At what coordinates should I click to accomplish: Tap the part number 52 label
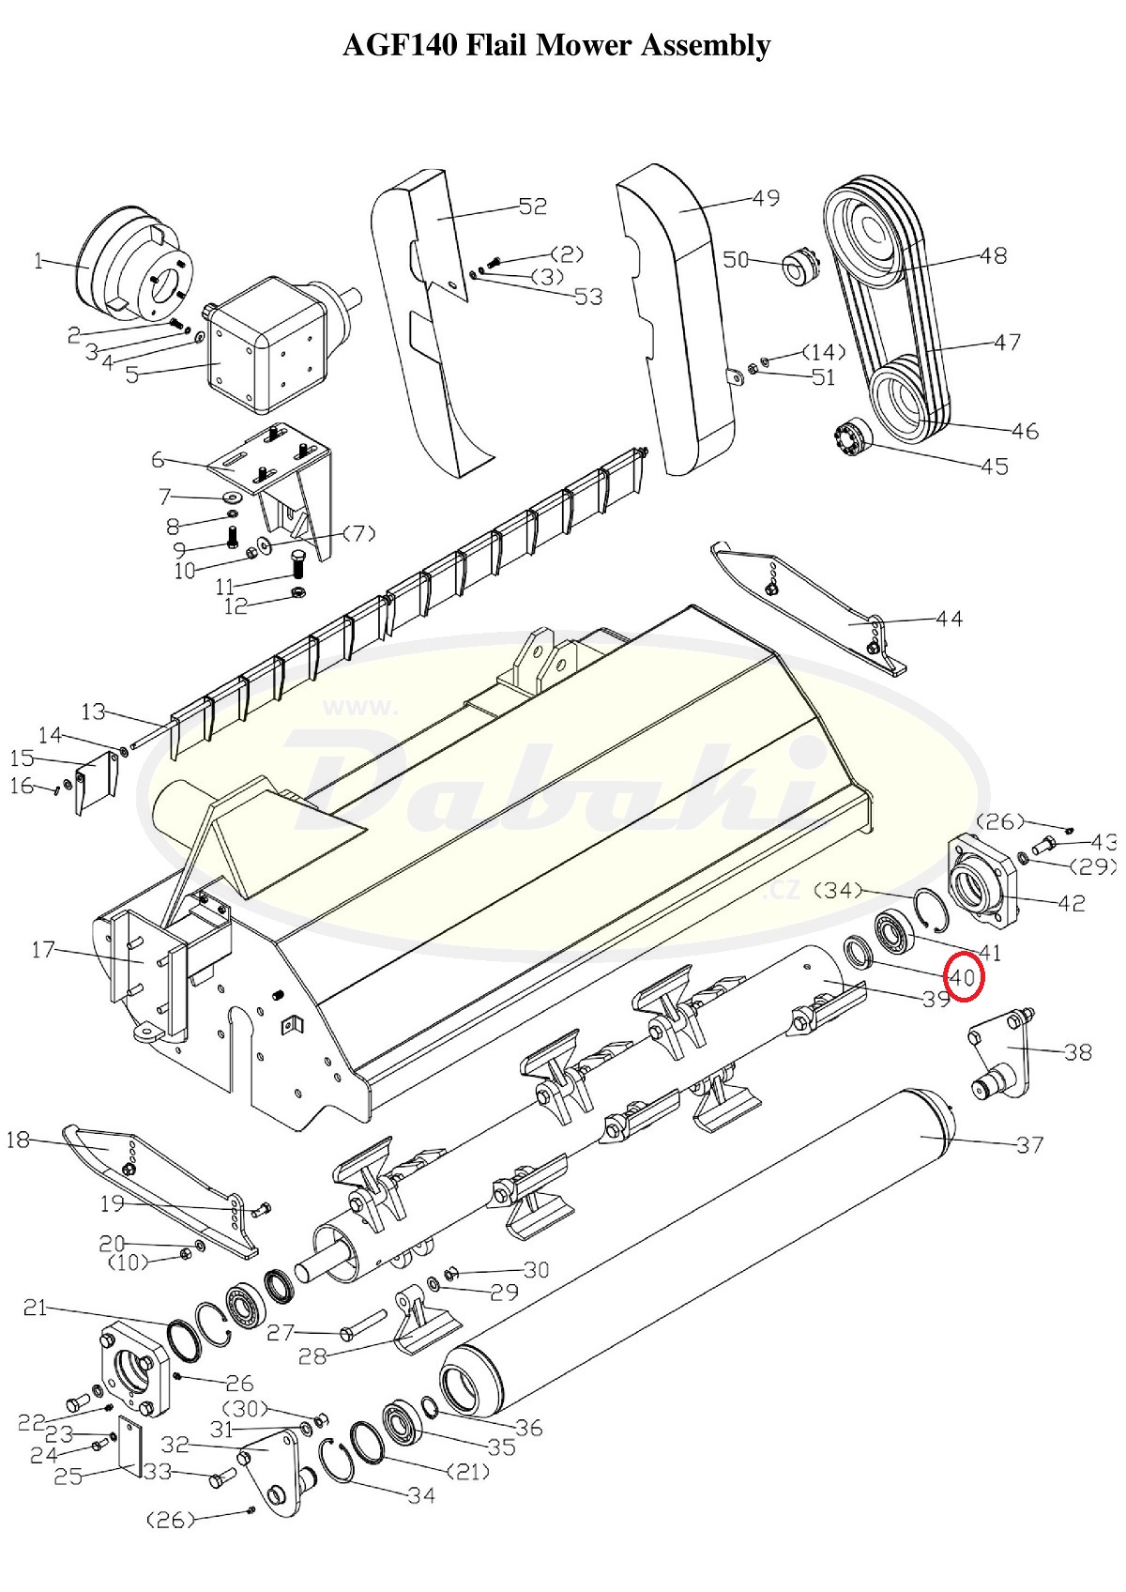[x=533, y=207]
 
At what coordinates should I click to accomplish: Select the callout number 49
[x=766, y=197]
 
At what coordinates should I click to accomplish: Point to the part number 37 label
[x=1029, y=1144]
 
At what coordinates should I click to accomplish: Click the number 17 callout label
[x=42, y=949]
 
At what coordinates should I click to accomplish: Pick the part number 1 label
[x=38, y=262]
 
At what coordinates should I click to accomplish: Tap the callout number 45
[x=995, y=467]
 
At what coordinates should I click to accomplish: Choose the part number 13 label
[x=93, y=712]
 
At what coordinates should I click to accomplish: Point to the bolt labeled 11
[x=299, y=566]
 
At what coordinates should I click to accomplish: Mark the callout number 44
[x=950, y=619]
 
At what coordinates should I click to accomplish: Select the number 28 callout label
[x=312, y=1356]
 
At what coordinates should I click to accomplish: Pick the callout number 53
[x=589, y=297]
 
